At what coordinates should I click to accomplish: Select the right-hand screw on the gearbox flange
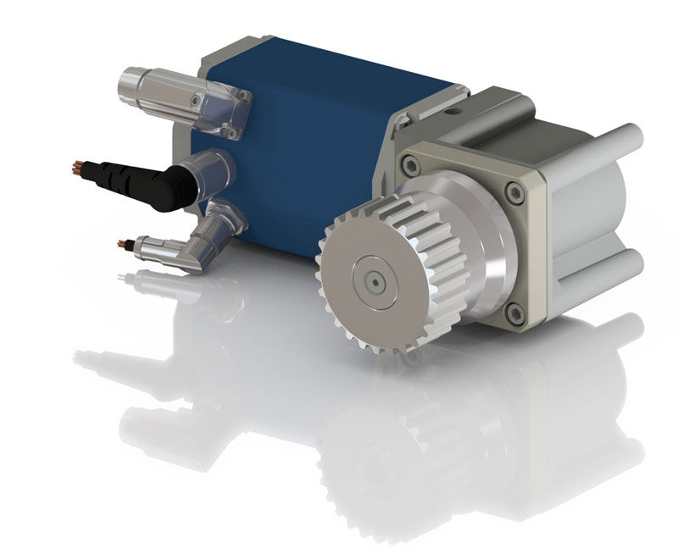[x=515, y=192]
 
